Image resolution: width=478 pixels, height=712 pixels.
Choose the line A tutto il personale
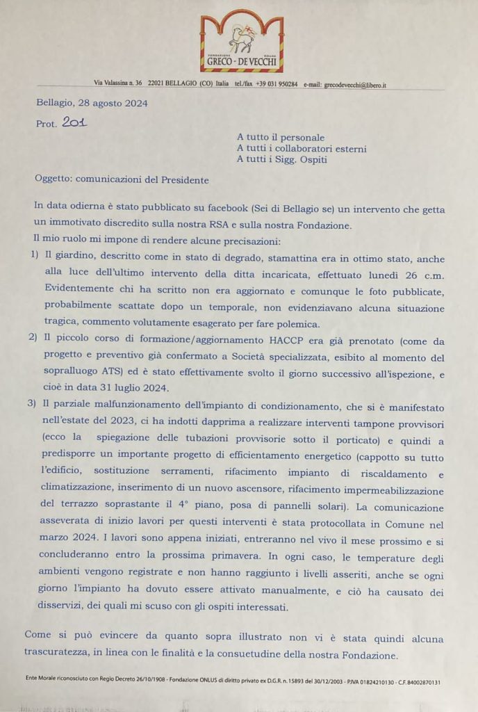click(281, 137)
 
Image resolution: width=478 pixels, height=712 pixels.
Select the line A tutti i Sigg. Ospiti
click(281, 159)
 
